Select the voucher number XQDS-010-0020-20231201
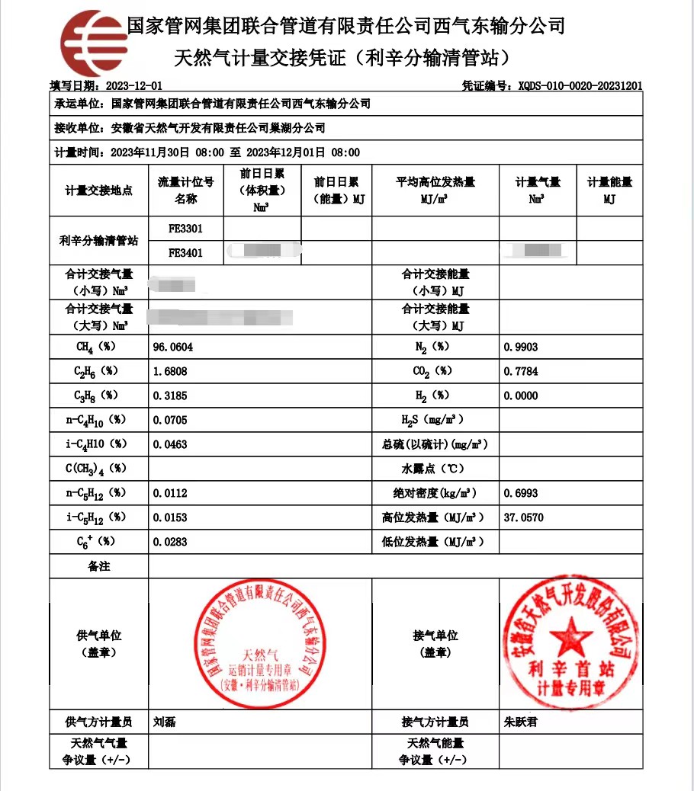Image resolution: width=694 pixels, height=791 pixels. tap(580, 86)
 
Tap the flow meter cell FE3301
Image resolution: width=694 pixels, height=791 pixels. tap(185, 229)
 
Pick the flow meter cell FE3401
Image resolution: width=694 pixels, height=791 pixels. tap(185, 253)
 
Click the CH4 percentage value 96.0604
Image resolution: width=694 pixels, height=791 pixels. tap(173, 347)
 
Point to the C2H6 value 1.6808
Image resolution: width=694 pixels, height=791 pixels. tap(170, 371)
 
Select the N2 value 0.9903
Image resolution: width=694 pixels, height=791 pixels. tap(521, 347)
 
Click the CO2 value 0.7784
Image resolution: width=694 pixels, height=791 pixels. tap(521, 371)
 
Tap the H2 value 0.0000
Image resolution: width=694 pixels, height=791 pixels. tap(521, 395)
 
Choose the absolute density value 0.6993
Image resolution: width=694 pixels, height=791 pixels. tap(521, 493)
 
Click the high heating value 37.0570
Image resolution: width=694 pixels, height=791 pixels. tap(524, 517)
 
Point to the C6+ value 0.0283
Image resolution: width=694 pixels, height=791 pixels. tap(170, 542)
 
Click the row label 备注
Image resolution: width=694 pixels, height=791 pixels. tap(99, 566)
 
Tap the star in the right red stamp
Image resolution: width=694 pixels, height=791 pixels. tap(570, 636)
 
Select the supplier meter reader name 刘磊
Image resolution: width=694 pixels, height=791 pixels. tap(164, 722)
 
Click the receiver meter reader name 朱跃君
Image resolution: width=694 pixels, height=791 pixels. tap(521, 722)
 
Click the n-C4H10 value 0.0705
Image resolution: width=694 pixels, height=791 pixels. tap(170, 420)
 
